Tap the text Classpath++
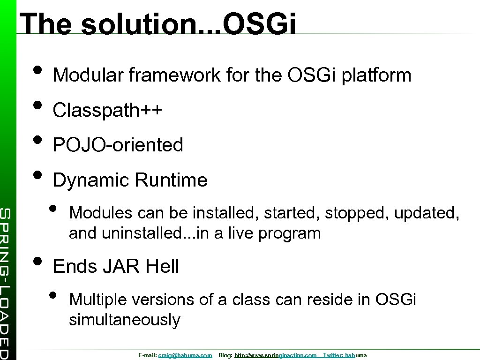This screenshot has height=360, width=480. pos(107,110)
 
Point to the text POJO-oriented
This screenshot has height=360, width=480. pos(118,145)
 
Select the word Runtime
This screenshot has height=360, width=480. pos(171,180)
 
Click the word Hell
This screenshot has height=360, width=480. pos(162,266)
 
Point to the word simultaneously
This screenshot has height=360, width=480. pos(124,320)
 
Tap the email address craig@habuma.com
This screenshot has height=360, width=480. pos(186,355)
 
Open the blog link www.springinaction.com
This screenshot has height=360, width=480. pos(275,355)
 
